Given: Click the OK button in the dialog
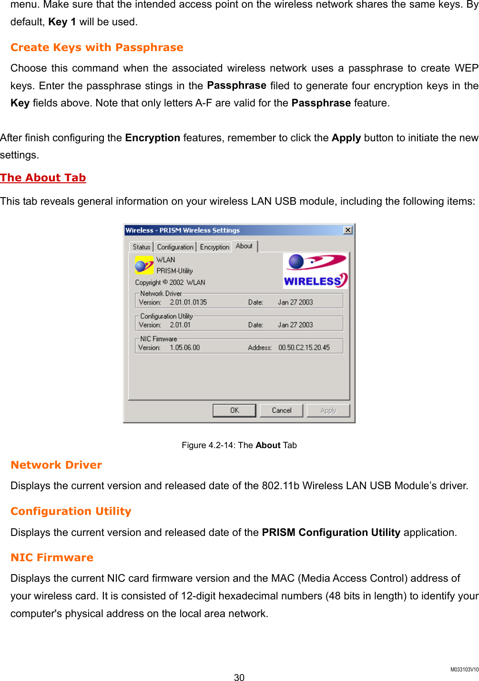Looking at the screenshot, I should coord(234,410).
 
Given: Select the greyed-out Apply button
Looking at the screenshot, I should coord(328,410).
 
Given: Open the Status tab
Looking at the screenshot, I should coord(142,247).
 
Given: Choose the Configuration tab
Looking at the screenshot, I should coord(175,247).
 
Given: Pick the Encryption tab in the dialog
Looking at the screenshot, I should coord(214,247).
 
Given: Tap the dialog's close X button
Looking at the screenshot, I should coord(348,230).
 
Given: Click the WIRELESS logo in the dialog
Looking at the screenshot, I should coord(315,271).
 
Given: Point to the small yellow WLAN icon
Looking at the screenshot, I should coord(144,265).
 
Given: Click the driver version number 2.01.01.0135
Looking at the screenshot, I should coord(188,302).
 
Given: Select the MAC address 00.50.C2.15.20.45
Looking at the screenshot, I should coord(304,347).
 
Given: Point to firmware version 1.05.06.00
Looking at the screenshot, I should coord(185,347).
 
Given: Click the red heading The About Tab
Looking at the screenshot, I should coord(43,178).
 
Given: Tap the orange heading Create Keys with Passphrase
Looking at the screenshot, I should coord(97,47).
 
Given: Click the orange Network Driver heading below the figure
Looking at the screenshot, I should coord(56,465).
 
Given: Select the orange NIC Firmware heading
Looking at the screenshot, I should coord(52,557).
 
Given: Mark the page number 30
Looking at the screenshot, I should coord(239,677).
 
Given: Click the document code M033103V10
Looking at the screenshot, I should coord(464,670).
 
